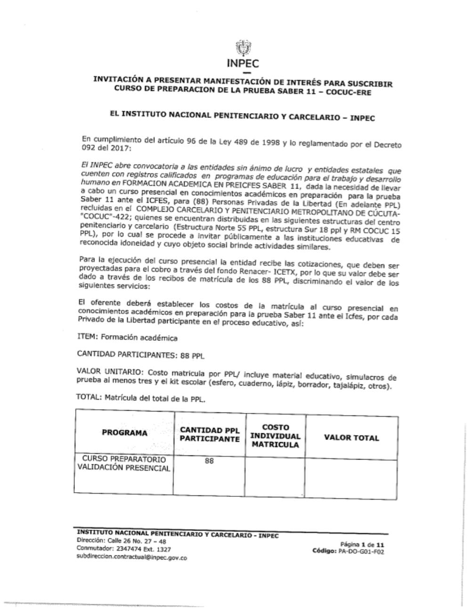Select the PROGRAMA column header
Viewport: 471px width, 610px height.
tap(124, 433)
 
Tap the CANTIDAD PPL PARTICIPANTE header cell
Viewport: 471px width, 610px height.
tap(210, 435)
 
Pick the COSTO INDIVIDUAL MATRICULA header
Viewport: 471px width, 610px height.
tap(275, 436)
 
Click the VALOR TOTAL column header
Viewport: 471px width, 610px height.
tap(351, 437)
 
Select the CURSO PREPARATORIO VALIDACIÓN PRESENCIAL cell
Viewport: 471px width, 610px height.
tap(124, 463)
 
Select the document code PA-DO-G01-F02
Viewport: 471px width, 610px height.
tap(361, 551)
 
